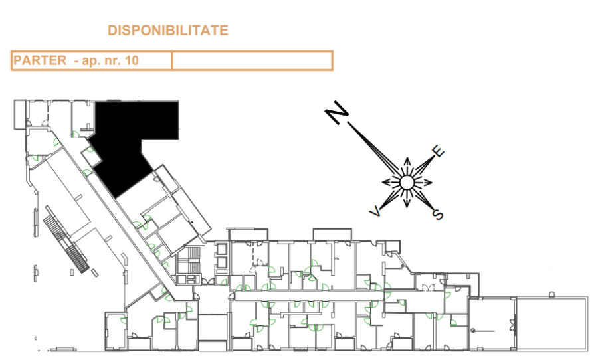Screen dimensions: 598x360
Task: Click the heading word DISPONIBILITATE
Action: [x=168, y=30]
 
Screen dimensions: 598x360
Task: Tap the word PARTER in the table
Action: [x=40, y=60]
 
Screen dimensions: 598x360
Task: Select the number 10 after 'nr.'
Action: [x=131, y=60]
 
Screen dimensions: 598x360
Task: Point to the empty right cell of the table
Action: [x=252, y=60]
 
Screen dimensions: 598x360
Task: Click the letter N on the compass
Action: [x=337, y=112]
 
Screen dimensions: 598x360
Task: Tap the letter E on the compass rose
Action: [x=439, y=151]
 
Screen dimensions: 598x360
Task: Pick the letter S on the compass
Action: [x=439, y=215]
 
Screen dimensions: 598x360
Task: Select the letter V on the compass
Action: [x=375, y=211]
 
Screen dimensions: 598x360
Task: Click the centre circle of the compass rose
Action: [x=407, y=183]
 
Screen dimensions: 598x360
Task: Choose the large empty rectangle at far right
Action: [x=551, y=323]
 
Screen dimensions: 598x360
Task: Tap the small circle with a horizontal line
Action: [x=473, y=331]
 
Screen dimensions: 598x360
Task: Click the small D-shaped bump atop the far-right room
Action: [x=552, y=294]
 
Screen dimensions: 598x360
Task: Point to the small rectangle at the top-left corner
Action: [x=20, y=114]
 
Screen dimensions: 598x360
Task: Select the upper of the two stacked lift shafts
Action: [x=221, y=249]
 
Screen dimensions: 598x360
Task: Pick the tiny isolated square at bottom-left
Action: [x=36, y=338]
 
